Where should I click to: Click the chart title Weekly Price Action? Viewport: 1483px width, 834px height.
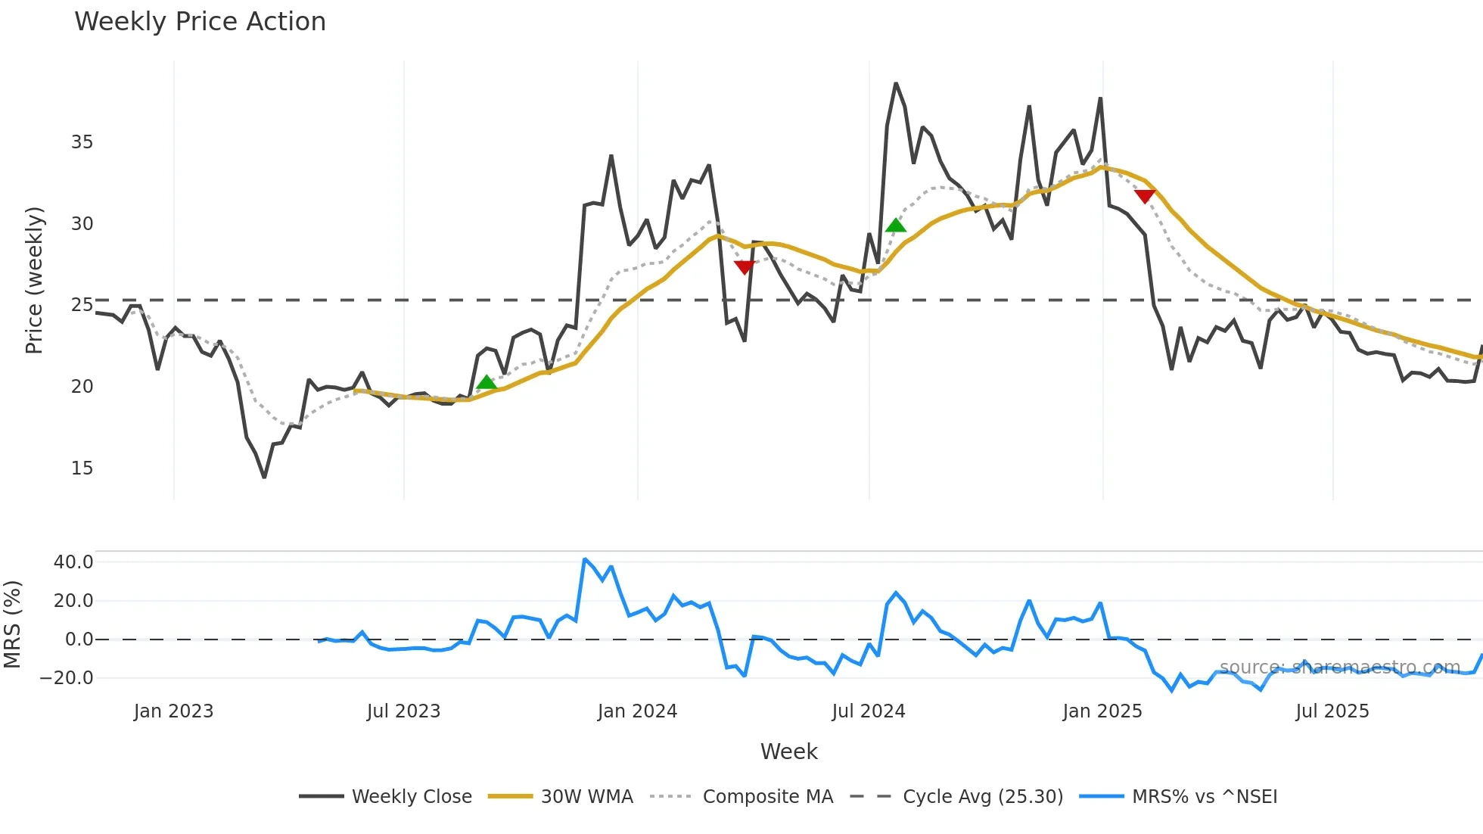click(200, 22)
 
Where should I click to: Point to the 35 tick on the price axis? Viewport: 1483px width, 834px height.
click(82, 142)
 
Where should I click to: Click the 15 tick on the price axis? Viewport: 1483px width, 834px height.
click(82, 468)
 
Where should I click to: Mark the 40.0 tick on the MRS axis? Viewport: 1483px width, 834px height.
click(73, 562)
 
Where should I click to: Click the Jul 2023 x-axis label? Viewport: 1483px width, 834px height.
click(403, 711)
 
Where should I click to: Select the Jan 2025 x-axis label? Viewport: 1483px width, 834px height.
click(1102, 711)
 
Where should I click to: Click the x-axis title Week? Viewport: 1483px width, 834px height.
click(788, 752)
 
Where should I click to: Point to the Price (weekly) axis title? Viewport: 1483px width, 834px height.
click(35, 280)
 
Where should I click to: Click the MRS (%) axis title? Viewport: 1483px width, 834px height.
click(12, 624)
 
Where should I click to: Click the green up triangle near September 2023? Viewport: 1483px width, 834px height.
click(487, 383)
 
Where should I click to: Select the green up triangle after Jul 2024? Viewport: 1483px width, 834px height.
click(896, 226)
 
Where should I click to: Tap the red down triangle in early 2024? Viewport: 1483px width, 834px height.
click(744, 267)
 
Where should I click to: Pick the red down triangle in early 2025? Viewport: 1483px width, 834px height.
click(1145, 197)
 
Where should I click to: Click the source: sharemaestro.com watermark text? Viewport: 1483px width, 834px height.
click(1339, 668)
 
